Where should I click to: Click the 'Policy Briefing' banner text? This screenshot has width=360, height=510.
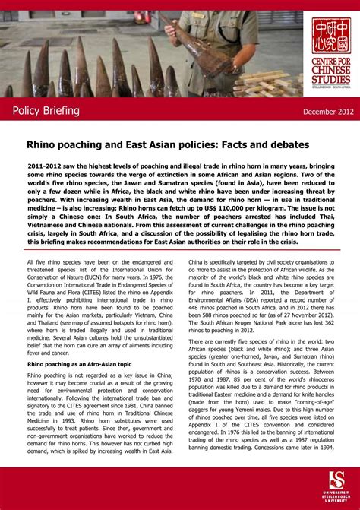46,111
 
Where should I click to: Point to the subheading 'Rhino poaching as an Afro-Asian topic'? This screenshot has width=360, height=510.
79,364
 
